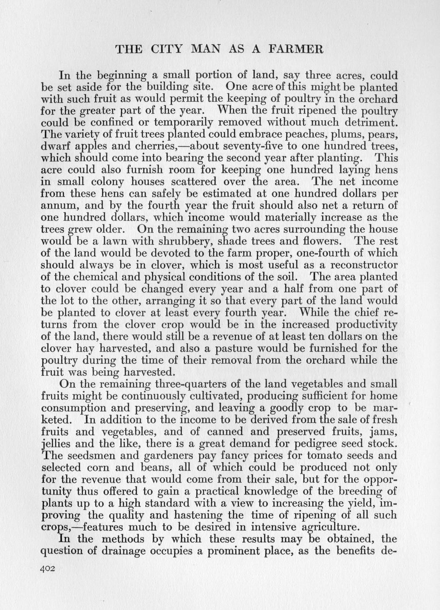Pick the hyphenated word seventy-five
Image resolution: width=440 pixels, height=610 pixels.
coord(237,146)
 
